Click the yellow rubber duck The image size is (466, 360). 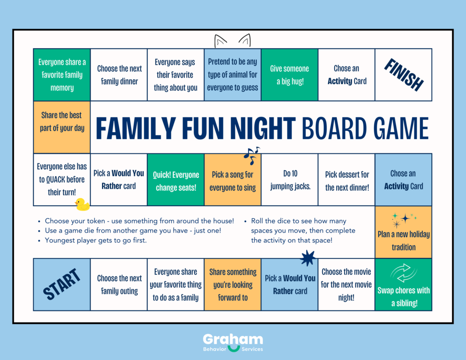(82, 204)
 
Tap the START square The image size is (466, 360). (62, 284)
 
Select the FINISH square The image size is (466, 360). (403, 75)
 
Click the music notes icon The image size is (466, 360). (251, 155)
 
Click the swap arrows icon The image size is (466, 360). (403, 274)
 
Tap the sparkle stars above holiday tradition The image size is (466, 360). (403, 219)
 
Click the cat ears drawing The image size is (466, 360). (233, 41)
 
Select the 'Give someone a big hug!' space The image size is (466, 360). (289, 75)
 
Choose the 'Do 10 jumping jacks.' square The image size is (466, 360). (289, 180)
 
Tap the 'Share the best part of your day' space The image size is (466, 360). (62, 122)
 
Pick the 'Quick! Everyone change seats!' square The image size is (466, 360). (176, 181)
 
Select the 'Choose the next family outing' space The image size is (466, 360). (119, 284)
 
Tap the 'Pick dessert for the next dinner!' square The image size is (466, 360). (347, 181)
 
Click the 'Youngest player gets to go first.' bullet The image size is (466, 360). (96, 240)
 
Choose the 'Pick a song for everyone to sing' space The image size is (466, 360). (233, 181)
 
